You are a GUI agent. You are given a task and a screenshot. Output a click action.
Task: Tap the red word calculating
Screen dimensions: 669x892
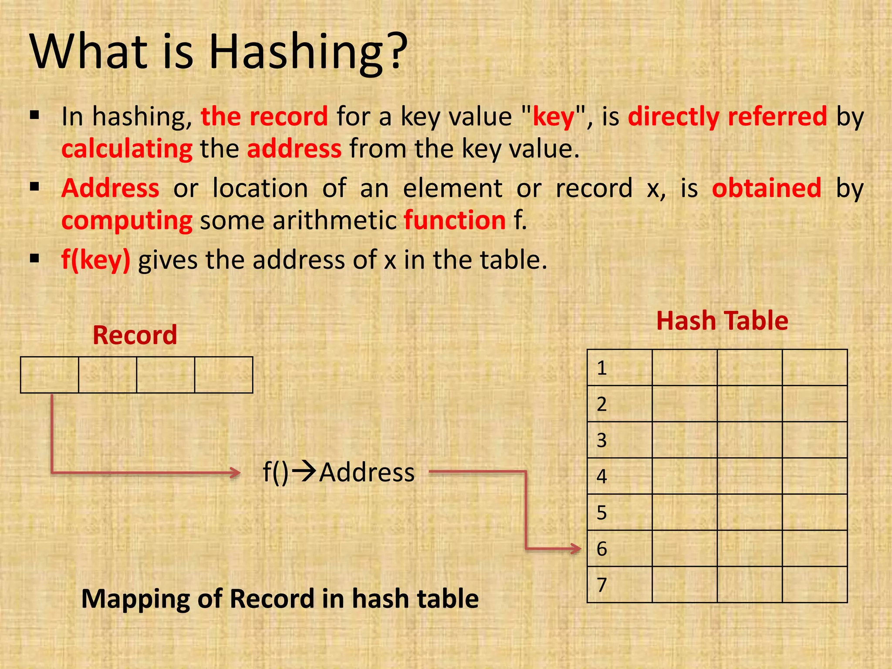tap(127, 149)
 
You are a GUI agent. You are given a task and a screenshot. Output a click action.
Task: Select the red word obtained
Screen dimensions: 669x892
tap(767, 188)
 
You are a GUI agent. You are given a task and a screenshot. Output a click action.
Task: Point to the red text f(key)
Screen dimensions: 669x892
tap(96, 260)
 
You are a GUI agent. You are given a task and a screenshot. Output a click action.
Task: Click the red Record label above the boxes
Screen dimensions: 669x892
tap(135, 335)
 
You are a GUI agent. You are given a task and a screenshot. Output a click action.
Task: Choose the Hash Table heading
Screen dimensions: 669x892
tap(722, 321)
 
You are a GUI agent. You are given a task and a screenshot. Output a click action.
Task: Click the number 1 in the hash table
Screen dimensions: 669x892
tap(602, 368)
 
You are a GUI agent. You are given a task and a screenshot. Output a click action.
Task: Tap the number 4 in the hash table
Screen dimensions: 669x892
tap(602, 476)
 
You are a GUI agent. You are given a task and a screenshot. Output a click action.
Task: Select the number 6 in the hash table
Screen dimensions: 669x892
tap(602, 549)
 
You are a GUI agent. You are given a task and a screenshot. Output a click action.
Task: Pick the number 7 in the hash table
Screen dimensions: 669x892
tap(602, 585)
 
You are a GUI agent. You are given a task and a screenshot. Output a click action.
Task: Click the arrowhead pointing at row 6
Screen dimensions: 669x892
tap(577, 549)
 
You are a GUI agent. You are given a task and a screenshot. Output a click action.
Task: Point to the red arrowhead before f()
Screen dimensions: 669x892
tap(236, 473)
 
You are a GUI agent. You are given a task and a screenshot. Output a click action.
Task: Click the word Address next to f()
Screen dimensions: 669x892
tap(367, 473)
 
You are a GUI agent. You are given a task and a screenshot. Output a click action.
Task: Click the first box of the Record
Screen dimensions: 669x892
tap(50, 375)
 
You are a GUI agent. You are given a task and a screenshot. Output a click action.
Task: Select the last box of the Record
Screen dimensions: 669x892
tap(223, 375)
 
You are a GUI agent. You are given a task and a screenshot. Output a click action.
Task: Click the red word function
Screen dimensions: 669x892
tap(455, 220)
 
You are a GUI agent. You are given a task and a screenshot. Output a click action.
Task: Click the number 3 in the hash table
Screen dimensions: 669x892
tap(602, 440)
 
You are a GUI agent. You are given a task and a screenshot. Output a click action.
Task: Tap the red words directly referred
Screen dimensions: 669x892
tap(727, 117)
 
